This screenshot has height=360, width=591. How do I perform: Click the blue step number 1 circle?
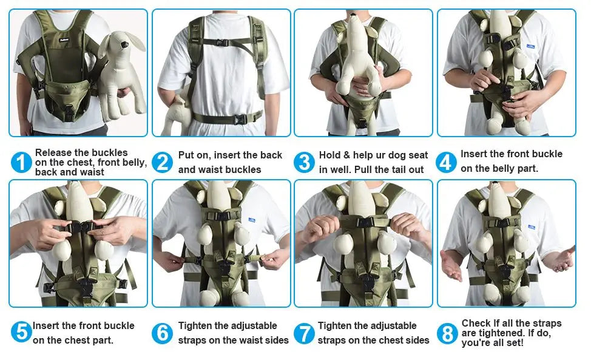tap(21, 162)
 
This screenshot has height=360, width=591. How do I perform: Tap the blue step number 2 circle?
tap(163, 162)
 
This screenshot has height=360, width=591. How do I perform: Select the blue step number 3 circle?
tap(304, 162)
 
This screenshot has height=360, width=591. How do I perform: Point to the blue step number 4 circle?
tap(446, 162)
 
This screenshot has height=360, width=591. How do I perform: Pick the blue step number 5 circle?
tap(21, 333)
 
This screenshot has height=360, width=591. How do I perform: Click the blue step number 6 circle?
tap(163, 333)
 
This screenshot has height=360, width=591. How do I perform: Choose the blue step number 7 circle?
tap(304, 333)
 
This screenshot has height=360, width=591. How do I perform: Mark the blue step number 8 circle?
tap(447, 333)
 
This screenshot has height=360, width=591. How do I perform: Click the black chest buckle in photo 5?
tap(79, 227)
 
